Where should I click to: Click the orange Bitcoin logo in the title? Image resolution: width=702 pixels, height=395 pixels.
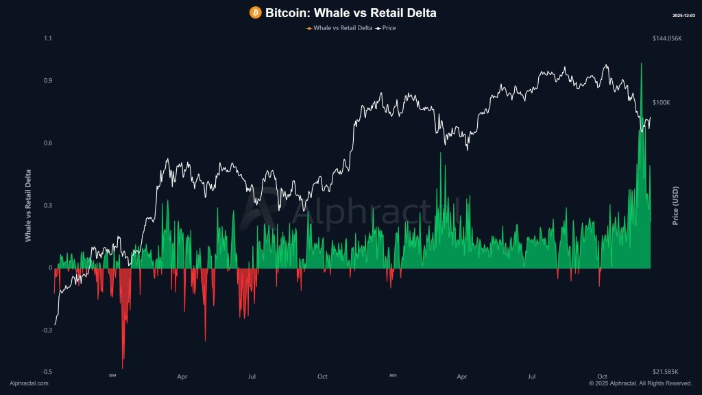255,12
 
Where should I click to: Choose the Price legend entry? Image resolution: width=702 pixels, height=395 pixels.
386,28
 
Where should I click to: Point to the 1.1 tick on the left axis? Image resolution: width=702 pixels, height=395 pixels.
47,38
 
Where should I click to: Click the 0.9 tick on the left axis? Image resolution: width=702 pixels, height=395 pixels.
47,80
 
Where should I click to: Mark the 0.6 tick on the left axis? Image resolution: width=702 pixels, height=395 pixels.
47,143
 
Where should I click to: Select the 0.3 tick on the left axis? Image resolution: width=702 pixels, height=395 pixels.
47,205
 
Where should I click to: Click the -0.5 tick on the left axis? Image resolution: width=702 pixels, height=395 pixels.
47,372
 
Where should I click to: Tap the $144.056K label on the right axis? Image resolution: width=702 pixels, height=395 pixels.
667,38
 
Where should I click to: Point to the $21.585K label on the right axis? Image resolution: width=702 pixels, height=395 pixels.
666,372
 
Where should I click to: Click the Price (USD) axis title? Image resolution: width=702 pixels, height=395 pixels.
675,205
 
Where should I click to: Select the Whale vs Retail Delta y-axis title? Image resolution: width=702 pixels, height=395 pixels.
28,205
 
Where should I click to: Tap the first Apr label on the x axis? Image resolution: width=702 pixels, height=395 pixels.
182,376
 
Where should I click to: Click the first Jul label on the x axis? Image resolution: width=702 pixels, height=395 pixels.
252,376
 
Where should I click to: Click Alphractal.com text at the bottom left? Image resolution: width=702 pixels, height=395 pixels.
29,383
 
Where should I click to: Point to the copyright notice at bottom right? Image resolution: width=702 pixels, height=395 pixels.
640,383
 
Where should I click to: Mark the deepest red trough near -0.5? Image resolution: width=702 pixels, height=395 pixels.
123,367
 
